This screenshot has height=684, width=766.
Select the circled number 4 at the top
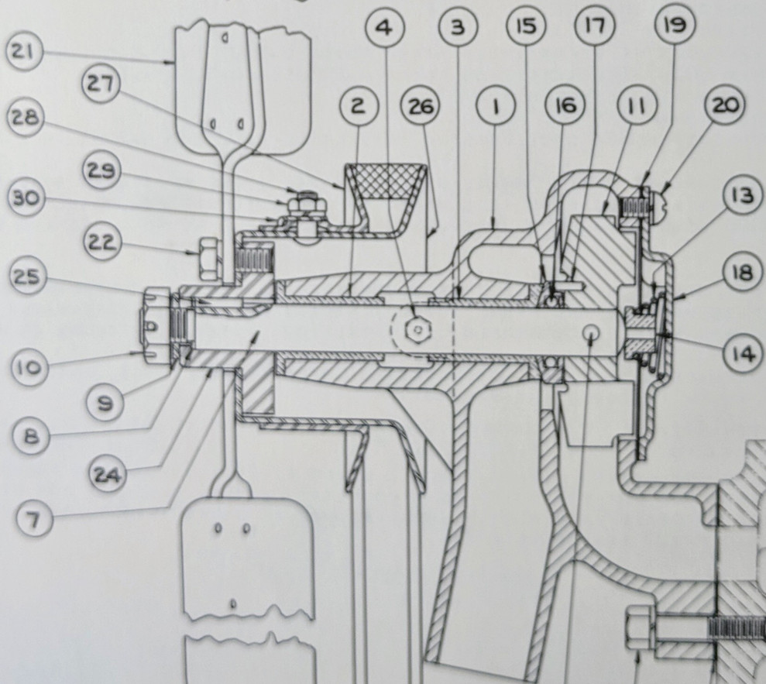(x=386, y=28)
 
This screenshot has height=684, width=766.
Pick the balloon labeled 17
(x=593, y=28)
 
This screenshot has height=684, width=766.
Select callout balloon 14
(x=744, y=354)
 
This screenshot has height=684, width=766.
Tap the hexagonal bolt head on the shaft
(x=417, y=332)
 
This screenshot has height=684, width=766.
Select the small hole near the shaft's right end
(x=591, y=332)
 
